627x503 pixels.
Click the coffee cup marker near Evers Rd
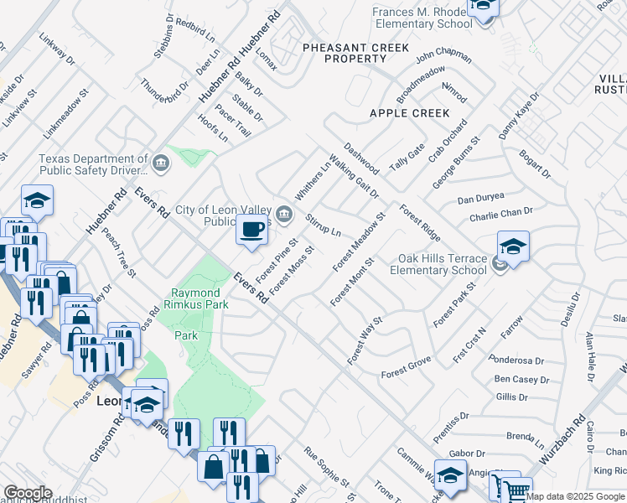click(251, 229)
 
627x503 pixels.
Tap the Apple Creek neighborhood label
click(409, 112)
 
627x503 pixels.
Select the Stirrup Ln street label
click(323, 225)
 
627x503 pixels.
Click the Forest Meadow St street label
click(358, 241)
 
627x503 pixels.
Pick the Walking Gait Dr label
click(354, 176)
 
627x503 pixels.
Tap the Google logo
click(27, 493)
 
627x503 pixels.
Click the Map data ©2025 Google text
click(576, 496)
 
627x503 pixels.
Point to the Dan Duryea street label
click(480, 198)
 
